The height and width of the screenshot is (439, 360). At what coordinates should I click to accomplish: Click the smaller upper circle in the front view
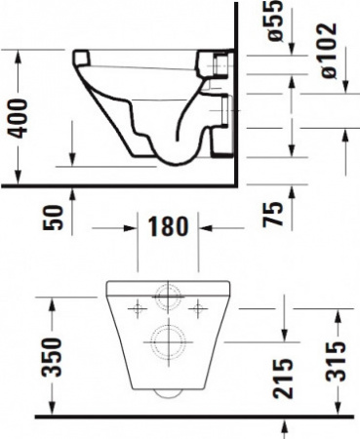pyautogui.click(x=168, y=299)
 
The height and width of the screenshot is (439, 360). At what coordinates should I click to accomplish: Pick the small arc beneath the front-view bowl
pyautogui.click(x=167, y=392)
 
